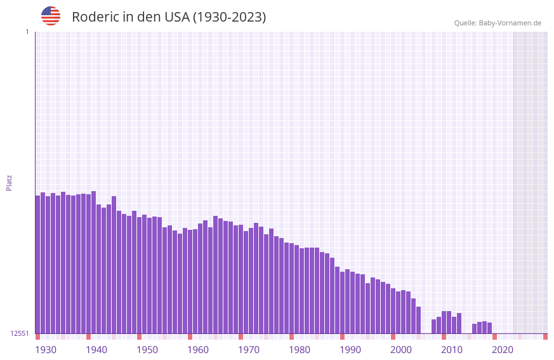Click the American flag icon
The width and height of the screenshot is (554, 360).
coord(51,16)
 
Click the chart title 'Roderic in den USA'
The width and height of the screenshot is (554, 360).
coord(169,17)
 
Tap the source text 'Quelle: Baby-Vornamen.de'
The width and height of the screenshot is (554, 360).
coord(498,23)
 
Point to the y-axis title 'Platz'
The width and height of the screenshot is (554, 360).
coord(9,182)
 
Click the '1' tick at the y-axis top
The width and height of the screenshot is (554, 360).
coord(27,32)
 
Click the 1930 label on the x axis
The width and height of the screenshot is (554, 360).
coord(46,350)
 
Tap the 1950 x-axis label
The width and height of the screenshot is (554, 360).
coord(147,350)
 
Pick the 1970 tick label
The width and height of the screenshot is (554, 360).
coord(249,350)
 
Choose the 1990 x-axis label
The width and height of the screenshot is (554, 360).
coord(350,350)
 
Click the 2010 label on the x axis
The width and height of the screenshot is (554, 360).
coord(452,350)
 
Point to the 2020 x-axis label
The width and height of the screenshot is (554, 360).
coord(503,350)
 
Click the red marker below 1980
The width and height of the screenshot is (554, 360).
coord(292,336)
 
